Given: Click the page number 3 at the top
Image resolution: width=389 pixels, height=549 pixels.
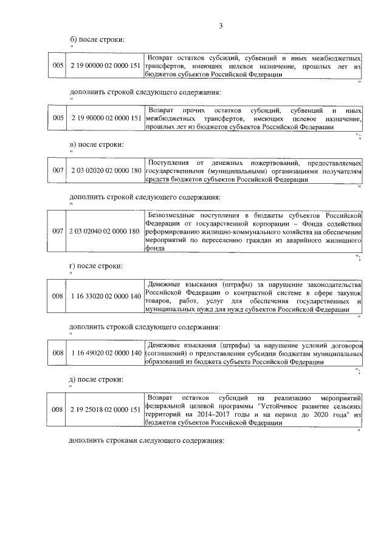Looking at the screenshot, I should [221, 25].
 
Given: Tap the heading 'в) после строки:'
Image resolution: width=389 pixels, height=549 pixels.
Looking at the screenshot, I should [97, 144].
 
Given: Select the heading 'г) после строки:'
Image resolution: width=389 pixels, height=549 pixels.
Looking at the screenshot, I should [97, 266].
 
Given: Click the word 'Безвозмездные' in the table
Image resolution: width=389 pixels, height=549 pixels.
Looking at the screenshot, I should [172, 215].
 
